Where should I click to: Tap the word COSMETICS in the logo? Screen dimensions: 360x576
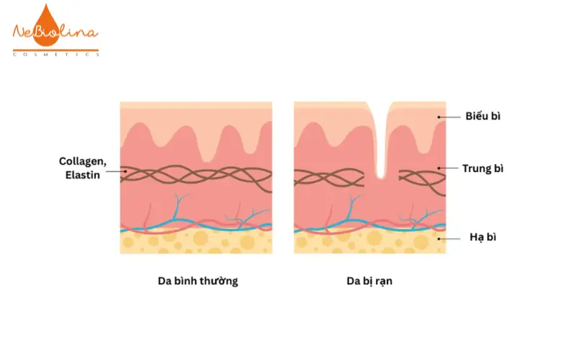(55, 54)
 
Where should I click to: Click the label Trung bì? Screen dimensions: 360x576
(482, 169)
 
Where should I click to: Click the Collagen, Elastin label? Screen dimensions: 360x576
(83, 167)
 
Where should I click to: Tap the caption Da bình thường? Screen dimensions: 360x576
(197, 282)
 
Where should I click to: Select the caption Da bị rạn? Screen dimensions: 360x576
(369, 282)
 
